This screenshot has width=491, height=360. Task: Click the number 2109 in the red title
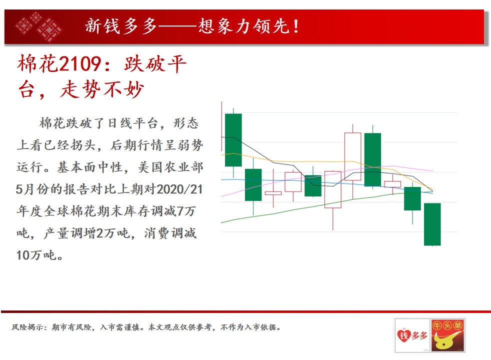[80, 64]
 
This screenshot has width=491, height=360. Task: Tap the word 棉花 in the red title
[38, 64]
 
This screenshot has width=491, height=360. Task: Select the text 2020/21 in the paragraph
[179, 189]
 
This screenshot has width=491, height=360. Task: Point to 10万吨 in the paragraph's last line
[36, 255]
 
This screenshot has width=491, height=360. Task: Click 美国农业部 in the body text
[170, 167]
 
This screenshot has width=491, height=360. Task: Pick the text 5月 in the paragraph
[24, 189]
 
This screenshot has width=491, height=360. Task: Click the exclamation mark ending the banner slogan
[296, 26]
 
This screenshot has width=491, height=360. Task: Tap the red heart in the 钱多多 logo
[403, 335]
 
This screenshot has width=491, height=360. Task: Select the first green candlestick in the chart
[233, 140]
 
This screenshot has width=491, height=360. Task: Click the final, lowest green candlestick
[432, 224]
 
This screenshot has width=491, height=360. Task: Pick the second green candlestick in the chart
[253, 184]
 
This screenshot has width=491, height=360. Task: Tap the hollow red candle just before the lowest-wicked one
[293, 181]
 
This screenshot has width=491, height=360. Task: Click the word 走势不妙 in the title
[102, 89]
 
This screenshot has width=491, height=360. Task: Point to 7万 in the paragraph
[186, 211]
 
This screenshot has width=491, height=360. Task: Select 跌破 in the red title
[144, 64]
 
